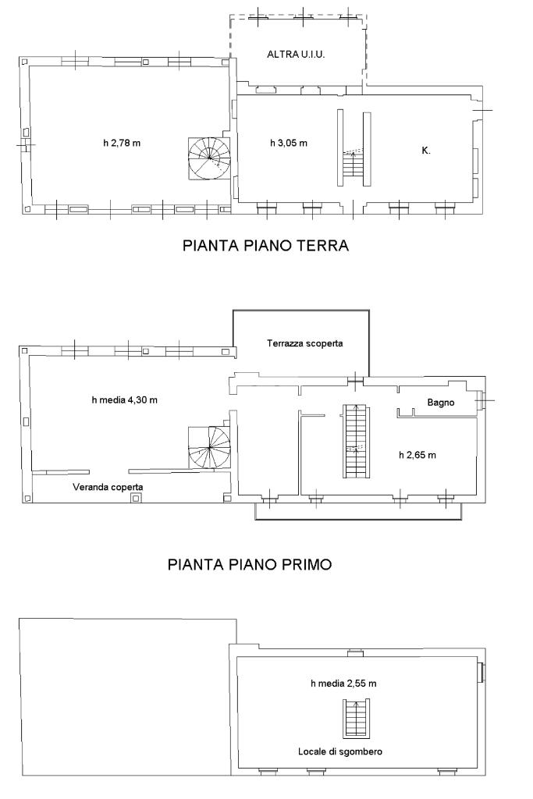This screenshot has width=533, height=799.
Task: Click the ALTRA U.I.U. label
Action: (x=296, y=54)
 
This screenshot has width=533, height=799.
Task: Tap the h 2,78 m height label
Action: (x=121, y=144)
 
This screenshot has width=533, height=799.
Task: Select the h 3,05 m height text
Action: (x=289, y=144)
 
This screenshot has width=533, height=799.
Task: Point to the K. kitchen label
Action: (x=426, y=151)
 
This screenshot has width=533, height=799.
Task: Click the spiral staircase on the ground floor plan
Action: (x=209, y=158)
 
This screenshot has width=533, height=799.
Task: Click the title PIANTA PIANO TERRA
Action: (x=265, y=246)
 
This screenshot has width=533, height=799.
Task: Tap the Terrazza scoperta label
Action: (x=304, y=343)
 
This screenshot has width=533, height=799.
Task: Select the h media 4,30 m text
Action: (x=124, y=400)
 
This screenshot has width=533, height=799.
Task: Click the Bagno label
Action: (x=441, y=403)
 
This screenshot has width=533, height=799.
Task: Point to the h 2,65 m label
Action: (x=418, y=455)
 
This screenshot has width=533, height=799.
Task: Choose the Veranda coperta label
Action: (x=108, y=487)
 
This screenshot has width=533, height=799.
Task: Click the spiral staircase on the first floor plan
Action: (x=209, y=447)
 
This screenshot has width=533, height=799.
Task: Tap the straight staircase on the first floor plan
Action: (x=356, y=441)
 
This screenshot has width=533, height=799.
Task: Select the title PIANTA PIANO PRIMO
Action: (x=250, y=565)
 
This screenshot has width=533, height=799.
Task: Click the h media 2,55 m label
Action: (x=343, y=684)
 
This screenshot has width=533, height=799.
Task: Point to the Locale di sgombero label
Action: (x=340, y=751)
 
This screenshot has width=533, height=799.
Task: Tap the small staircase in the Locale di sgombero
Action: (x=356, y=719)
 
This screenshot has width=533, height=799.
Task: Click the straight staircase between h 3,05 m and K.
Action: (x=354, y=148)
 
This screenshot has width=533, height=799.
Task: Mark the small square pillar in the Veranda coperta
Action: (x=135, y=498)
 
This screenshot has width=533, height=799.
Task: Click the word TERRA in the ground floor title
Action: (x=323, y=246)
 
